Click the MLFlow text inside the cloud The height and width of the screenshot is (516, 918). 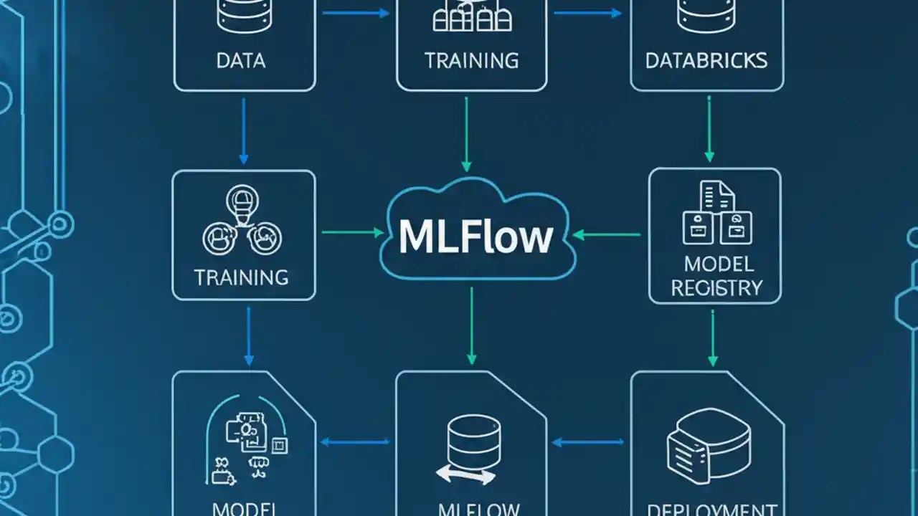(x=476, y=236)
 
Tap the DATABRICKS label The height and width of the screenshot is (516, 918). (x=706, y=60)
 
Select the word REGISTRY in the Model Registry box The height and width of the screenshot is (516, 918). (x=715, y=288)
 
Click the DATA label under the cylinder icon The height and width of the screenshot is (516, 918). (x=241, y=60)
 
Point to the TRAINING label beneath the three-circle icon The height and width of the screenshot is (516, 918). (x=241, y=277)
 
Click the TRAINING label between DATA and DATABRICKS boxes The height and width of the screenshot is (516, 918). (x=471, y=60)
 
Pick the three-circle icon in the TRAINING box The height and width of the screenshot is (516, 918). (x=242, y=223)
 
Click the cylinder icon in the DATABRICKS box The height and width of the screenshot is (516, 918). (x=706, y=16)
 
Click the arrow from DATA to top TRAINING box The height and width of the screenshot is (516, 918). (x=356, y=13)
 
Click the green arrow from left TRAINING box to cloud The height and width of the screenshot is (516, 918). (x=352, y=232)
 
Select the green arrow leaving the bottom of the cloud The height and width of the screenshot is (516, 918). (x=471, y=326)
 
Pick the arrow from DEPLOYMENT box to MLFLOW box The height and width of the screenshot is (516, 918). (x=588, y=442)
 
